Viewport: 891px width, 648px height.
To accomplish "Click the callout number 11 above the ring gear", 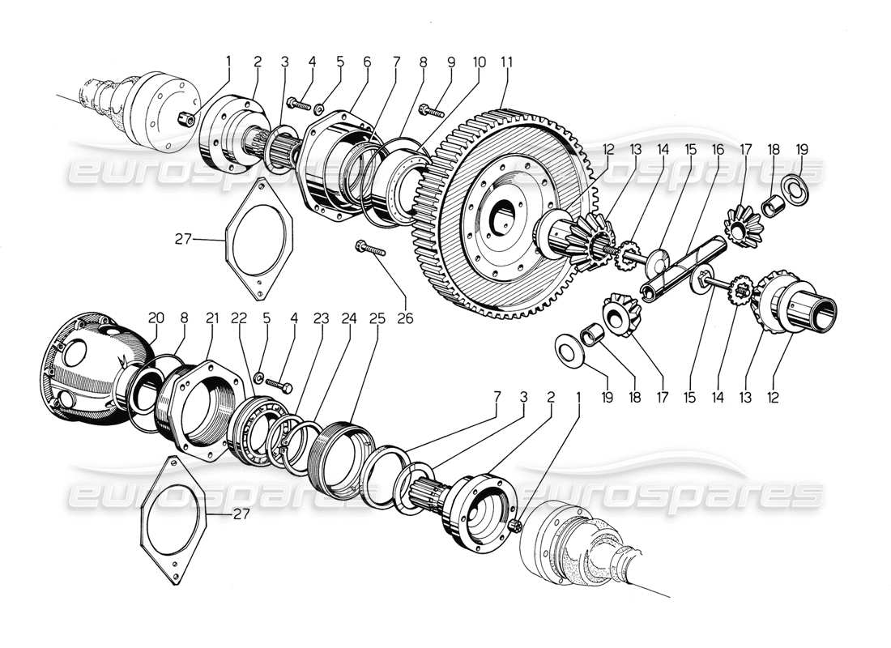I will (x=508, y=61).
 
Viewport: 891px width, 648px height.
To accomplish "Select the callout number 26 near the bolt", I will (x=404, y=318).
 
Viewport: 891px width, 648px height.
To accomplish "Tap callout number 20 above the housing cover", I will (x=157, y=318).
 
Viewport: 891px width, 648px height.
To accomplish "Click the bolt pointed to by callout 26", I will (x=369, y=249).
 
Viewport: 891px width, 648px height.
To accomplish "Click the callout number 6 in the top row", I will (x=366, y=61).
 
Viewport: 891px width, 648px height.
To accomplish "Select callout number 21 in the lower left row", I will (x=213, y=318).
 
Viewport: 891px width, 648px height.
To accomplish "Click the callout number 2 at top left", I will (x=258, y=61).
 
